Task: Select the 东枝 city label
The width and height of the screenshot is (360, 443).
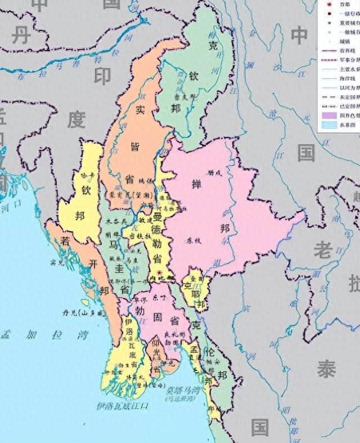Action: (186, 240)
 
